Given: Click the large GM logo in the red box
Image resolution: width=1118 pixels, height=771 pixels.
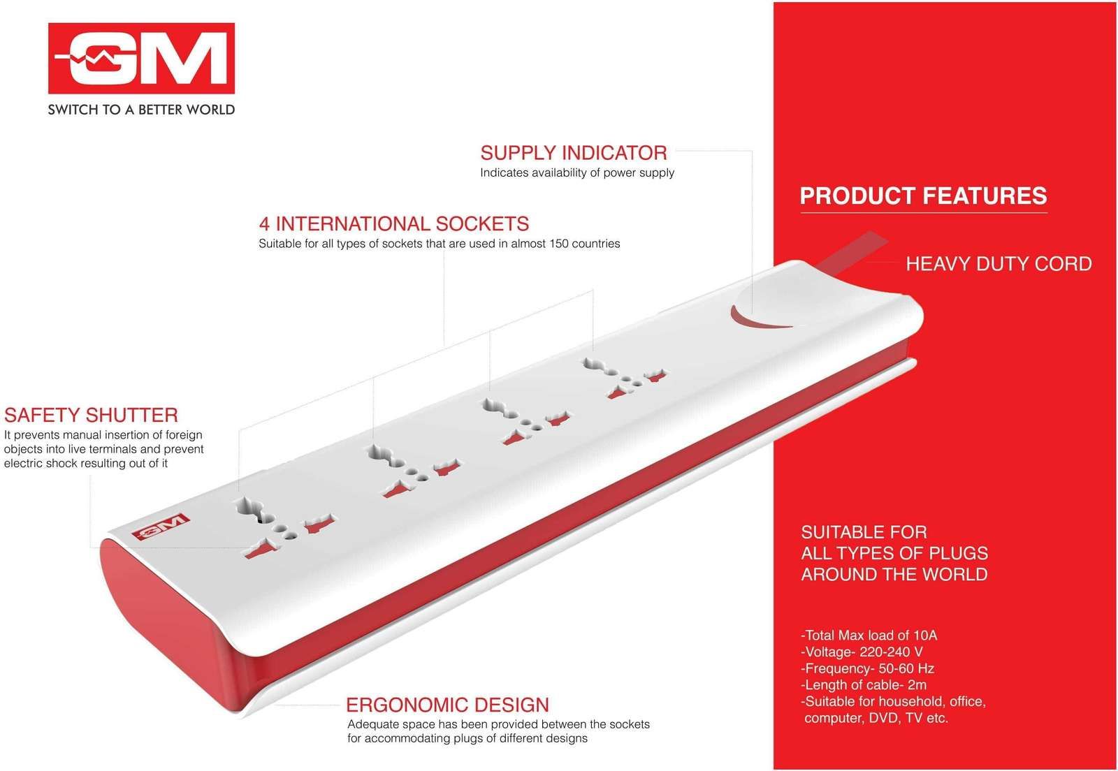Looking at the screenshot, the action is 141,58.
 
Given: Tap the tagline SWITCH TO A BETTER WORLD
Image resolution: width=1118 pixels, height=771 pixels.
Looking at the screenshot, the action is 141,110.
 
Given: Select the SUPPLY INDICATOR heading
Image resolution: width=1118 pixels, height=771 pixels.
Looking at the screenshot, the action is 574,153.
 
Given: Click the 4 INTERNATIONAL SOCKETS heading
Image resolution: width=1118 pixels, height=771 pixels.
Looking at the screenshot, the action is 394,224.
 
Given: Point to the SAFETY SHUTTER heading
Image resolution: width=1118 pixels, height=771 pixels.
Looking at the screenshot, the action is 91,415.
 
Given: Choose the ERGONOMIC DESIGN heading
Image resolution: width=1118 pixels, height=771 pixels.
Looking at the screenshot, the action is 447,705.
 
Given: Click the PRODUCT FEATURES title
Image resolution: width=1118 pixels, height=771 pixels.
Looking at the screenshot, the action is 923,196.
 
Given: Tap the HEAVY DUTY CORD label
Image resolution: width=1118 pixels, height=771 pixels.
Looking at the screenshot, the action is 999,264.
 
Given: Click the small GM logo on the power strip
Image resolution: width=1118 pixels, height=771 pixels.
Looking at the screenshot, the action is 160,527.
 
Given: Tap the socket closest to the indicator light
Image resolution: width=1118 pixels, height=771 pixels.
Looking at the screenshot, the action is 626,378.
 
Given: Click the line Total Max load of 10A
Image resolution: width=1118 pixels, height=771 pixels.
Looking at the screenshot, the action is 869,635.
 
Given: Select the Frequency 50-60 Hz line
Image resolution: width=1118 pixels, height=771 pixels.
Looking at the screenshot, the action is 867,668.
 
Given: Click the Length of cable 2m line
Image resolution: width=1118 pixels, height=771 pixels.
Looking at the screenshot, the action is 864,684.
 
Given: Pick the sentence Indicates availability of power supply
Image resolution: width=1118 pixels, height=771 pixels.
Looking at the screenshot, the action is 577,172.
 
